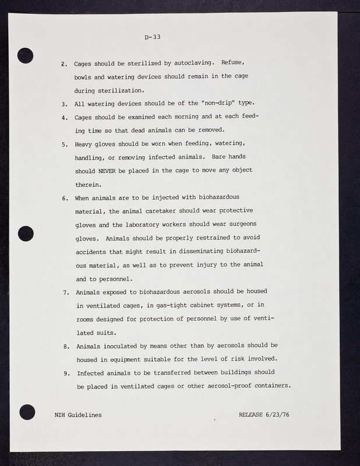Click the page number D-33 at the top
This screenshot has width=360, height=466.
152,37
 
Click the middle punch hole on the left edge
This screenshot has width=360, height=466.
26,233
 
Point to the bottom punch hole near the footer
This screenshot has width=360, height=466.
27,411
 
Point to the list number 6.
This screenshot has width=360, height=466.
64,198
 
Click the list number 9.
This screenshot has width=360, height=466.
67,373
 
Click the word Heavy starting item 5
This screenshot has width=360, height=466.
86,144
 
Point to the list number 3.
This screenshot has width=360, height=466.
64,104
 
